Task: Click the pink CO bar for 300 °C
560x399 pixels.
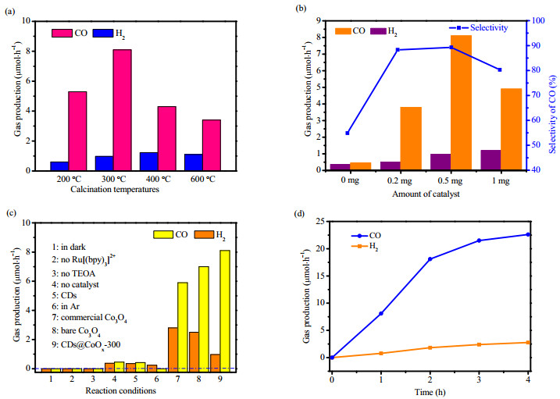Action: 122,110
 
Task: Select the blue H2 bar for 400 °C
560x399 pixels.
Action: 148,162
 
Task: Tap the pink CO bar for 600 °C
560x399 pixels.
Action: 212,145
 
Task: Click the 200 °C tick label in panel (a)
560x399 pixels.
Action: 69,179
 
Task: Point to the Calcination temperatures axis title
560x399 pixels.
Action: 115,189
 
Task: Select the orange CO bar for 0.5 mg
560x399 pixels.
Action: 461,103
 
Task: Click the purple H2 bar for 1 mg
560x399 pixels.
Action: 490,160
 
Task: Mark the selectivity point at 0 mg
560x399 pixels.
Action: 347,133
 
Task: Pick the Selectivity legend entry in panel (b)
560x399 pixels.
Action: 479,27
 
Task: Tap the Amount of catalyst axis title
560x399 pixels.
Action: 426,194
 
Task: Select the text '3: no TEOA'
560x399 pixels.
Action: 73,274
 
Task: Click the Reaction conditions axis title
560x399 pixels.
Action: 121,390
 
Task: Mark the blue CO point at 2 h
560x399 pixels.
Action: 430,259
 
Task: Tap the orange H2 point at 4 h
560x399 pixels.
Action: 528,343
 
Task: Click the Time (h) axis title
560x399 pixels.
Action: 430,393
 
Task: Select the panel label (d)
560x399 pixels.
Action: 299,214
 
